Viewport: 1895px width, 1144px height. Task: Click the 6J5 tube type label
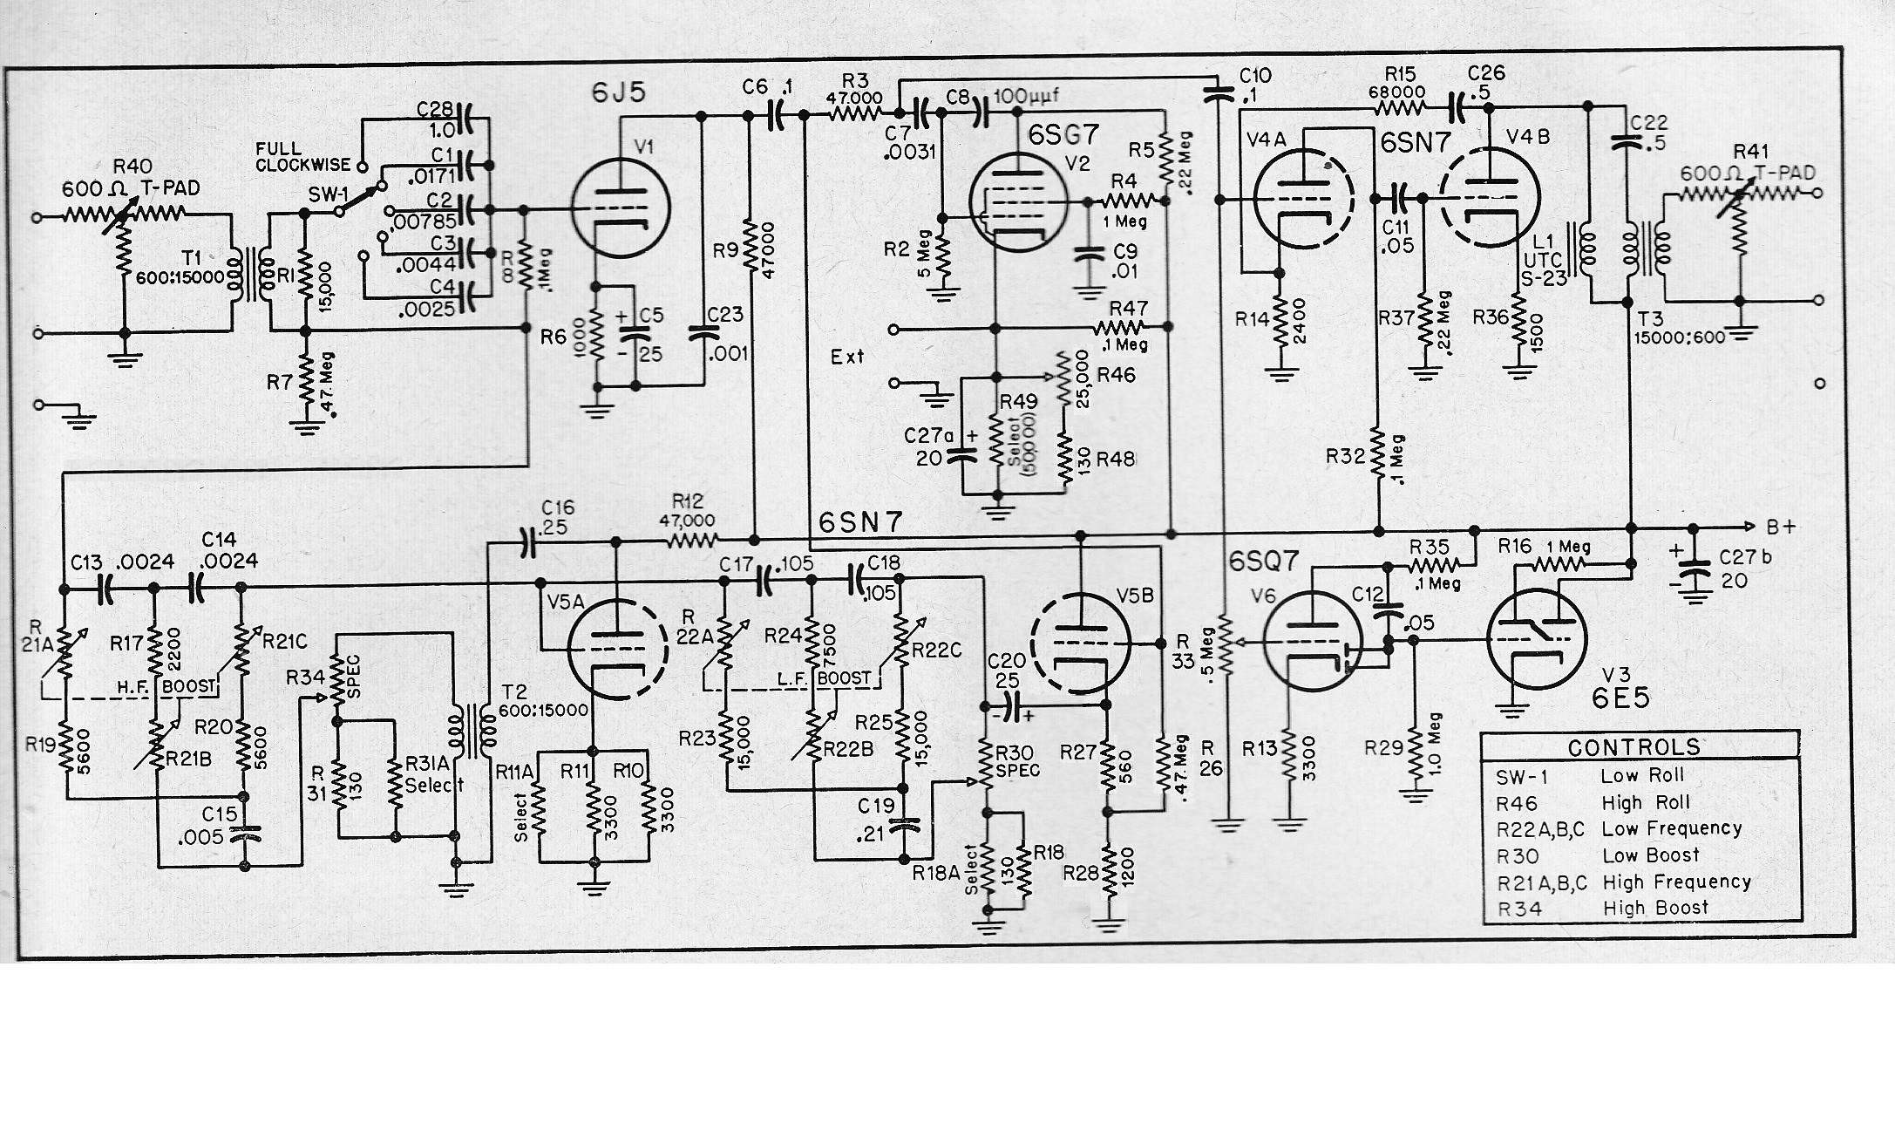(619, 93)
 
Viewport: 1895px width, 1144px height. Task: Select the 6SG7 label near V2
(1063, 134)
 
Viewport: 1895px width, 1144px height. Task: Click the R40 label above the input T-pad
(132, 167)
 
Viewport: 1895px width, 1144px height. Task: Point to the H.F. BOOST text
(166, 686)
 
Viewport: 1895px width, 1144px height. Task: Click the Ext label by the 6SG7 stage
(847, 356)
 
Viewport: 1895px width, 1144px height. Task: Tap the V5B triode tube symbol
(1080, 643)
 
